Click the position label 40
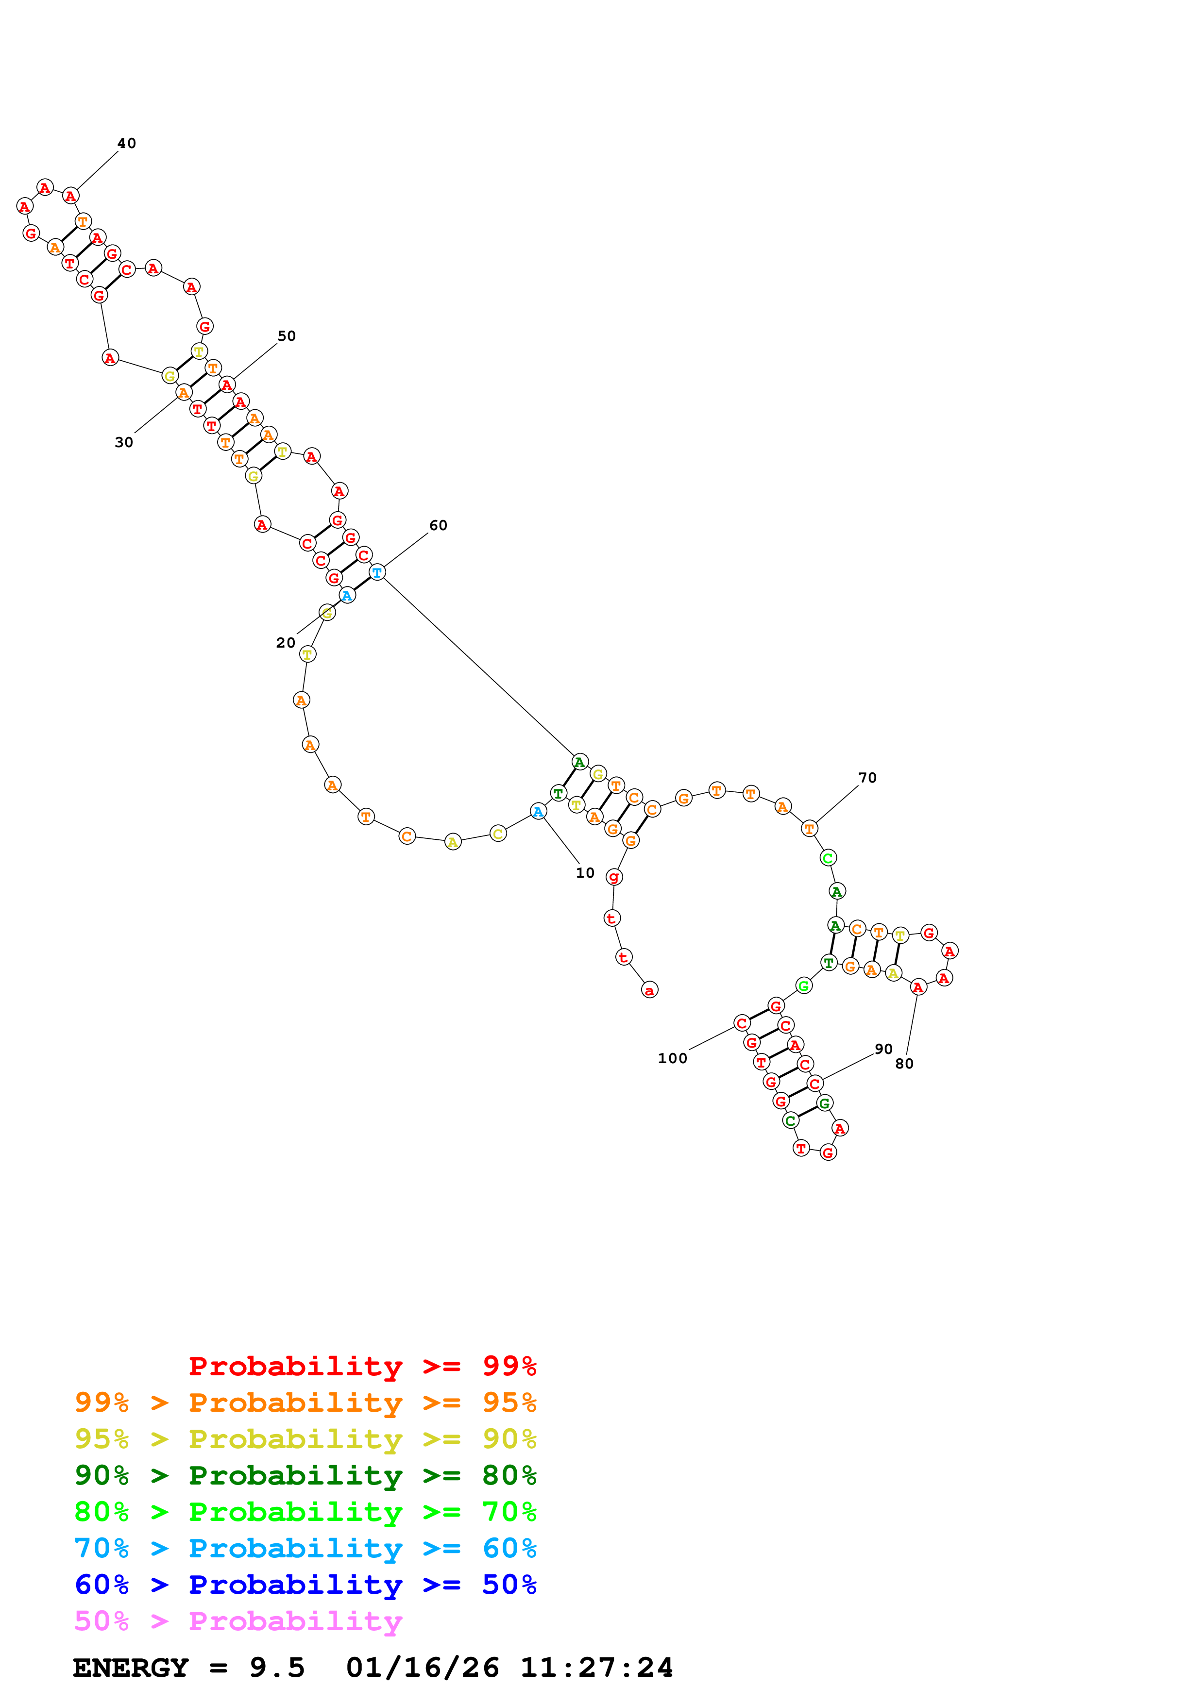tap(127, 143)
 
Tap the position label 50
tap(287, 336)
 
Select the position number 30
tap(124, 442)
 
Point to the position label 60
tap(439, 525)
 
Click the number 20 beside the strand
tap(286, 642)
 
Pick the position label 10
tap(585, 873)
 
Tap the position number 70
tap(867, 777)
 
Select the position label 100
tap(673, 1058)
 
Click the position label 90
tap(883, 1049)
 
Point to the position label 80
tap(904, 1064)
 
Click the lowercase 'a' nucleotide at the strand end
tap(650, 990)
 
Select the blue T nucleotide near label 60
tap(377, 573)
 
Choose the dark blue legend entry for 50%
tap(305, 1585)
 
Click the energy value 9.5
tap(277, 1668)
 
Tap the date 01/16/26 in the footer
tap(422, 1668)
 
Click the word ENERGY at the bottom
tap(131, 1668)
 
